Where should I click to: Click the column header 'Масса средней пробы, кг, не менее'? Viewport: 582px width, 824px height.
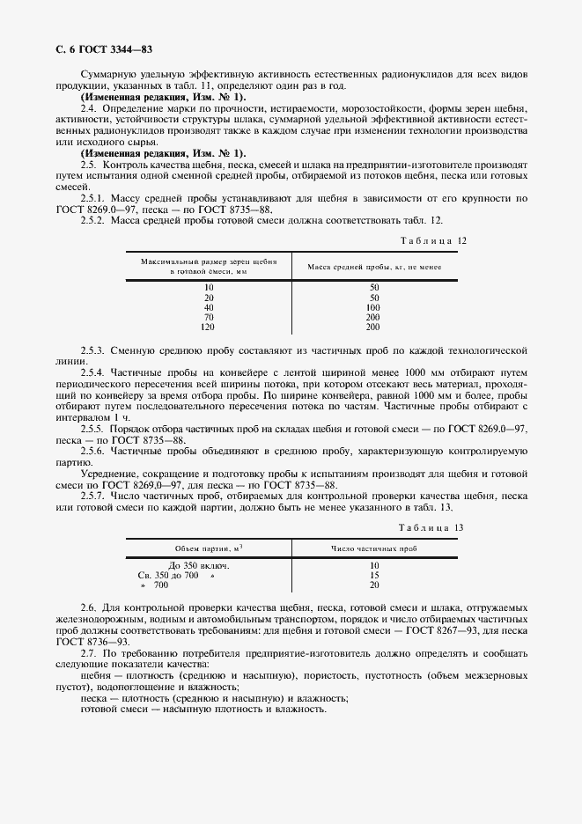373,267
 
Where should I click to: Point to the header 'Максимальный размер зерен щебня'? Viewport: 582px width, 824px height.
209,262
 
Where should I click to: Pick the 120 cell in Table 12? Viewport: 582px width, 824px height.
209,327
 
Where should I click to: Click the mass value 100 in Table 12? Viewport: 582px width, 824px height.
373,307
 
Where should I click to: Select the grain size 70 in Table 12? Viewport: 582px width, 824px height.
209,317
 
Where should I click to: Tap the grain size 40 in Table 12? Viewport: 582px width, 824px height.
209,307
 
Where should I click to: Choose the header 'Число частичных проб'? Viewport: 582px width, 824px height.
373,548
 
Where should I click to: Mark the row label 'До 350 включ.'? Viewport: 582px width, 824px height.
198,565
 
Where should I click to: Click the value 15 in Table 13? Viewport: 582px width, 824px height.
373,575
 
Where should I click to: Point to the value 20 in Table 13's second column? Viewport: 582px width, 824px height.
373,585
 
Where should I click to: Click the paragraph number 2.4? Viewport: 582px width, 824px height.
88,107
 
